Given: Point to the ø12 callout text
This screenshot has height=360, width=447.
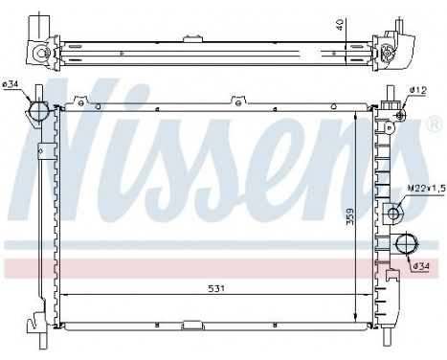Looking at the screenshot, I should [x=417, y=91].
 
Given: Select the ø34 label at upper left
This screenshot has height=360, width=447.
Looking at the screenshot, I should [x=11, y=84].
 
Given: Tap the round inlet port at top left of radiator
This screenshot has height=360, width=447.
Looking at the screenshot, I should [x=39, y=112].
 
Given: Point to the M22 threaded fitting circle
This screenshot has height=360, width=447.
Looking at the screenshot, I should [x=392, y=214].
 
